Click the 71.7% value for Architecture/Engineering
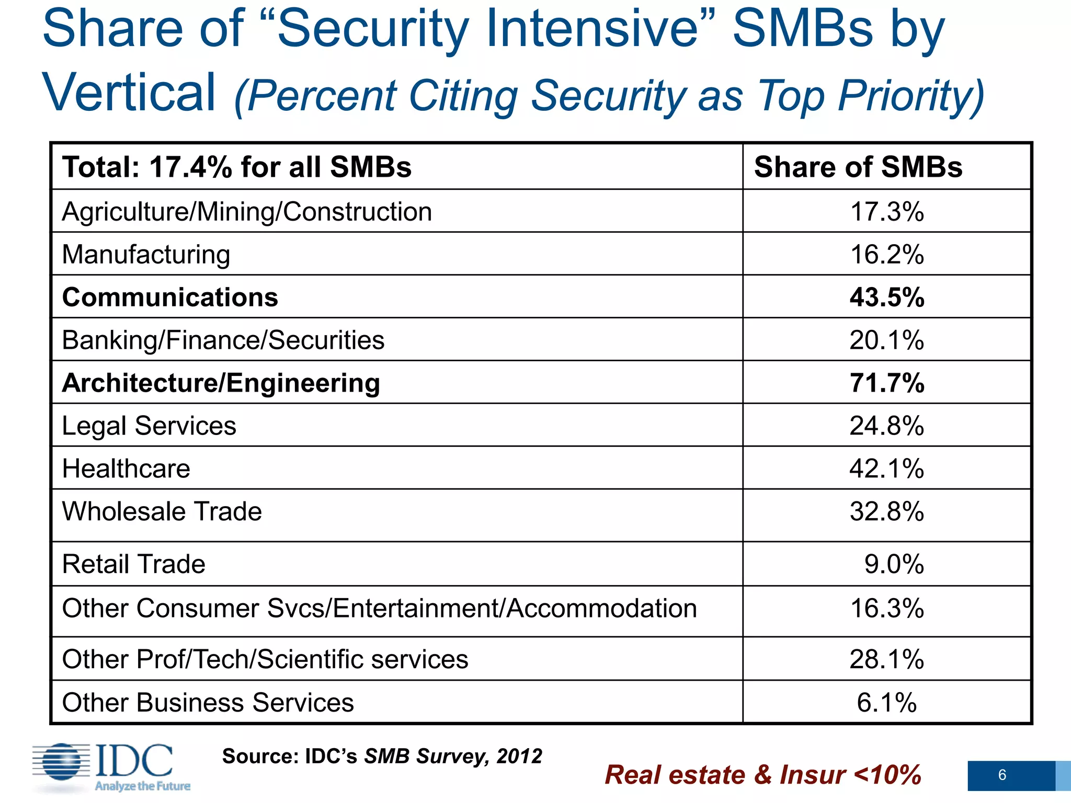tap(887, 383)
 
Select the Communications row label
tap(170, 297)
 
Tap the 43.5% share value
tap(887, 297)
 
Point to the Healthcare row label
tap(126, 468)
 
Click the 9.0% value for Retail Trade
tap(894, 564)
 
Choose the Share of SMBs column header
tap(858, 167)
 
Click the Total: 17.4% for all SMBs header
tap(237, 167)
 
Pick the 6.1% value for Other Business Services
tap(887, 703)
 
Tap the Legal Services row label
tap(149, 426)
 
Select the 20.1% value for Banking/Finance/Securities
tap(887, 340)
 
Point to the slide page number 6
tap(1002, 775)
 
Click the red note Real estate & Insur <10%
tap(762, 775)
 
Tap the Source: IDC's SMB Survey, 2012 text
tap(382, 756)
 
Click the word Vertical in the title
tap(129, 93)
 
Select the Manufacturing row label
tap(146, 255)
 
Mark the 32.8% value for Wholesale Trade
tap(887, 511)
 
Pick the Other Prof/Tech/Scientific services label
tap(265, 659)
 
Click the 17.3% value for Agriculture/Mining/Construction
tap(887, 212)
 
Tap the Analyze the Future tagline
tap(142, 786)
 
